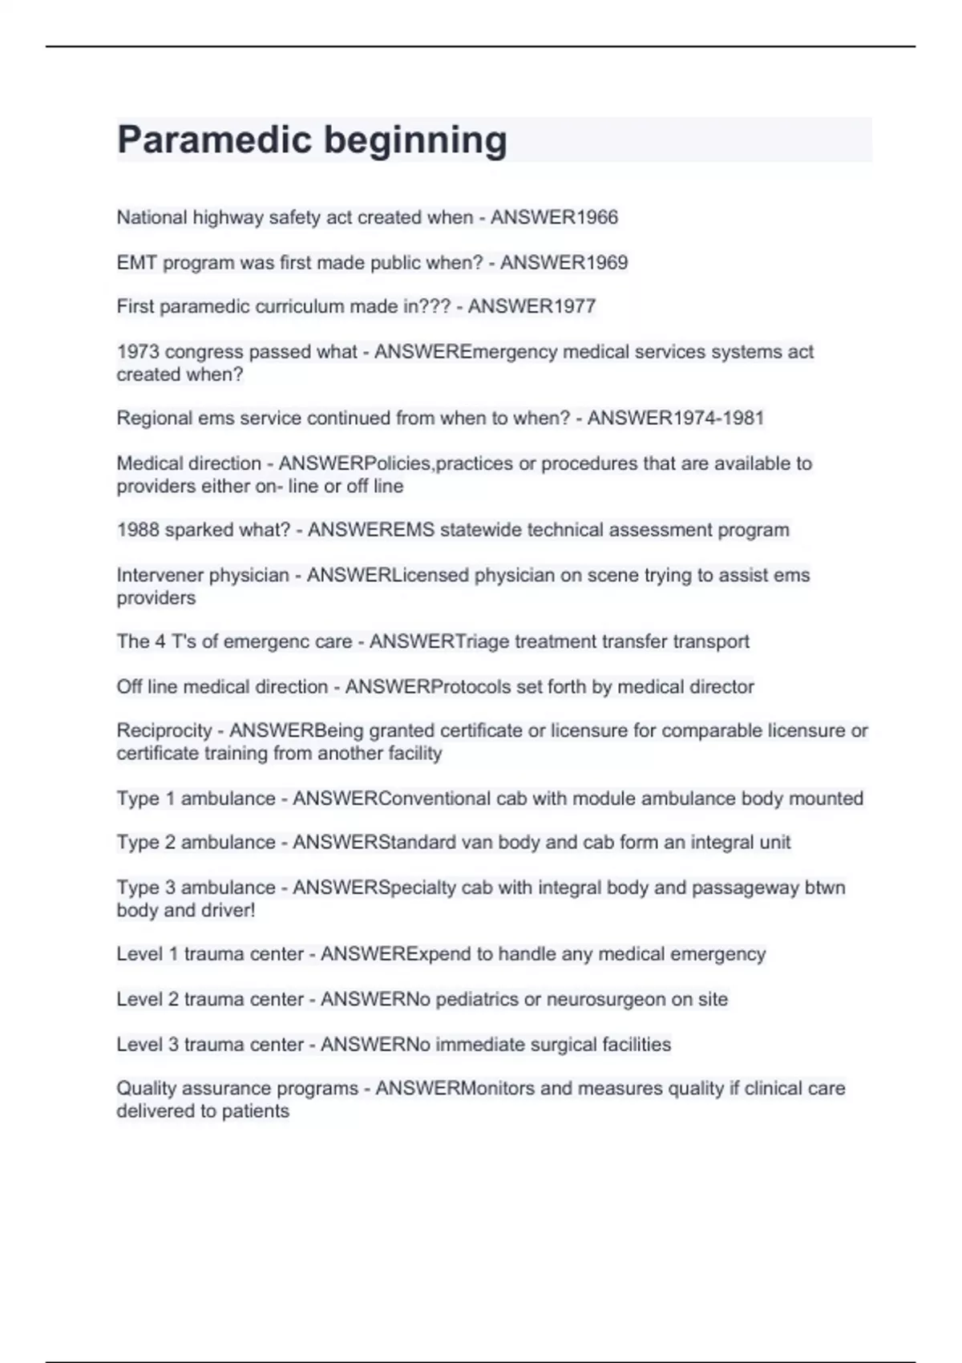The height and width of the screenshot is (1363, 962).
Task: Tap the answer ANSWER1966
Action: click(x=554, y=217)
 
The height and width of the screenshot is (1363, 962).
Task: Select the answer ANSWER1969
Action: click(x=564, y=262)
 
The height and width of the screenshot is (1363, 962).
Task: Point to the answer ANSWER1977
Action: click(x=532, y=306)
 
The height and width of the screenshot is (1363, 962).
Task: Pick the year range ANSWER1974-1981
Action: click(x=675, y=419)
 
